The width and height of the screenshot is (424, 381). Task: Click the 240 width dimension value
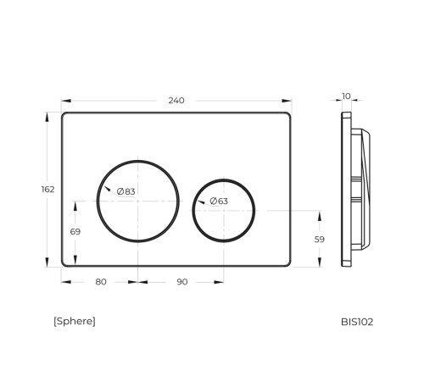click(176, 101)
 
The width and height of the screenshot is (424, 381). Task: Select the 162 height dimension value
click(47, 190)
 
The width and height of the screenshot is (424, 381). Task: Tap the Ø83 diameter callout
click(126, 191)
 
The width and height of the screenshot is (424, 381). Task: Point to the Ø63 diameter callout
click(219, 202)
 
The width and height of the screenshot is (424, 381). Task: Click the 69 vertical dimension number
click(75, 232)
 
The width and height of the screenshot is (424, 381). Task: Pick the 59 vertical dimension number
click(320, 240)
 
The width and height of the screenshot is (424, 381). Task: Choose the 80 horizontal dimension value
click(101, 282)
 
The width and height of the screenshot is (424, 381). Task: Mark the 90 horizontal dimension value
click(182, 282)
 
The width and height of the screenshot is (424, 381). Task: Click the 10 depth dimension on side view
click(346, 97)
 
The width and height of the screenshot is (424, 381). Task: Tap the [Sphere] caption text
click(75, 322)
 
